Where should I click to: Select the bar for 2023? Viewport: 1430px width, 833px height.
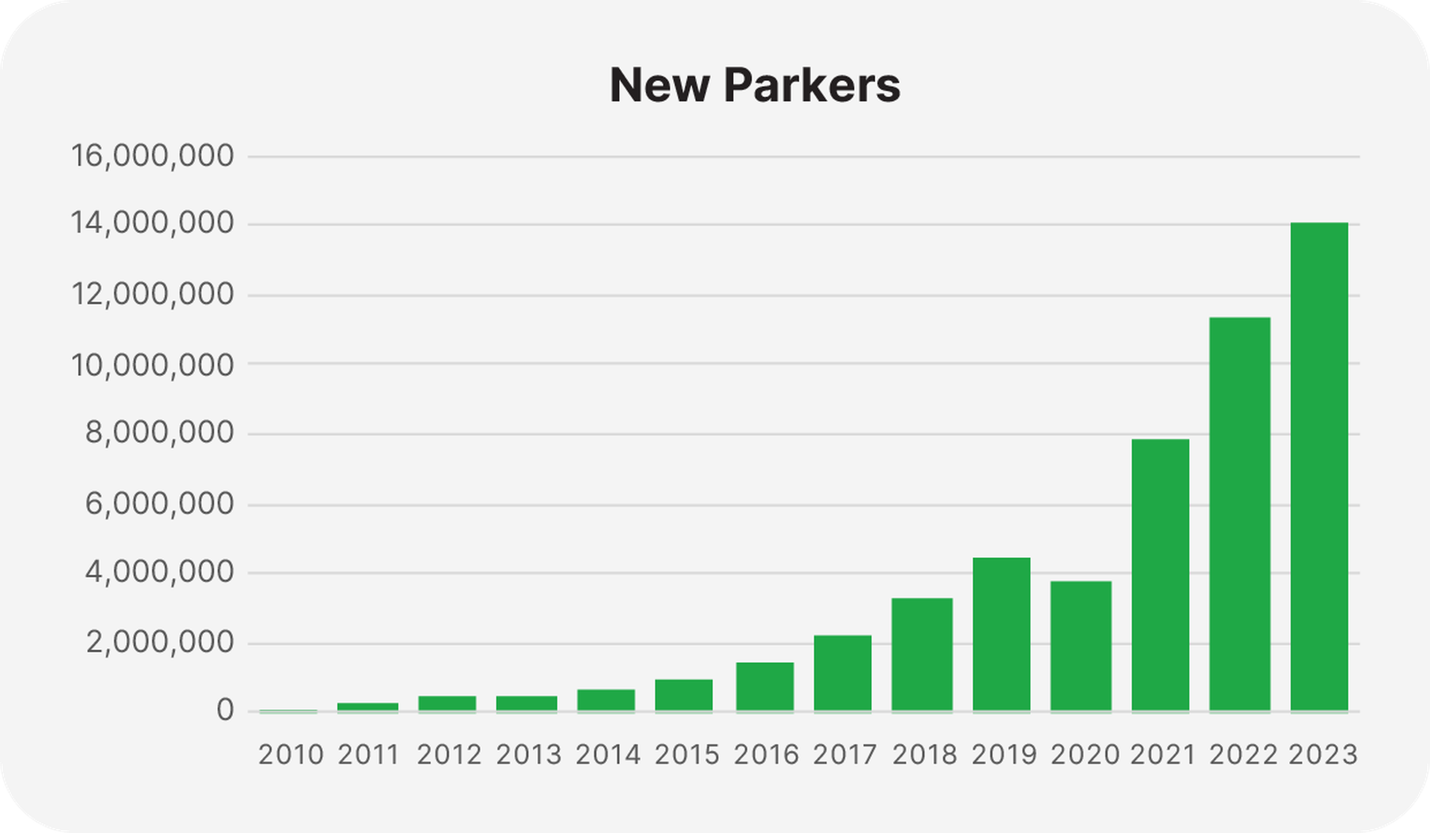coord(1319,466)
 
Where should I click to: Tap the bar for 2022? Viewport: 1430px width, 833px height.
coord(1240,514)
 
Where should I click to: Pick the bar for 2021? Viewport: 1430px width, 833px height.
coord(1160,575)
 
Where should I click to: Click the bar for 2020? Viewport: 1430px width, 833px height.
coord(1081,646)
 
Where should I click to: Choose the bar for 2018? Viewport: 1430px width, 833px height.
coord(922,654)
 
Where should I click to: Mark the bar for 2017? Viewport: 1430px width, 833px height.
coord(843,673)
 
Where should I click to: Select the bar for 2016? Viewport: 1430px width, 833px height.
coord(765,687)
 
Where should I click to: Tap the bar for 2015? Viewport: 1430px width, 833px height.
coord(684,695)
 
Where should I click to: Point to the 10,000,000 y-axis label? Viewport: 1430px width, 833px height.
coord(152,365)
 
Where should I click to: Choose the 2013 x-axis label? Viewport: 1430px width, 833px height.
coord(529,755)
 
